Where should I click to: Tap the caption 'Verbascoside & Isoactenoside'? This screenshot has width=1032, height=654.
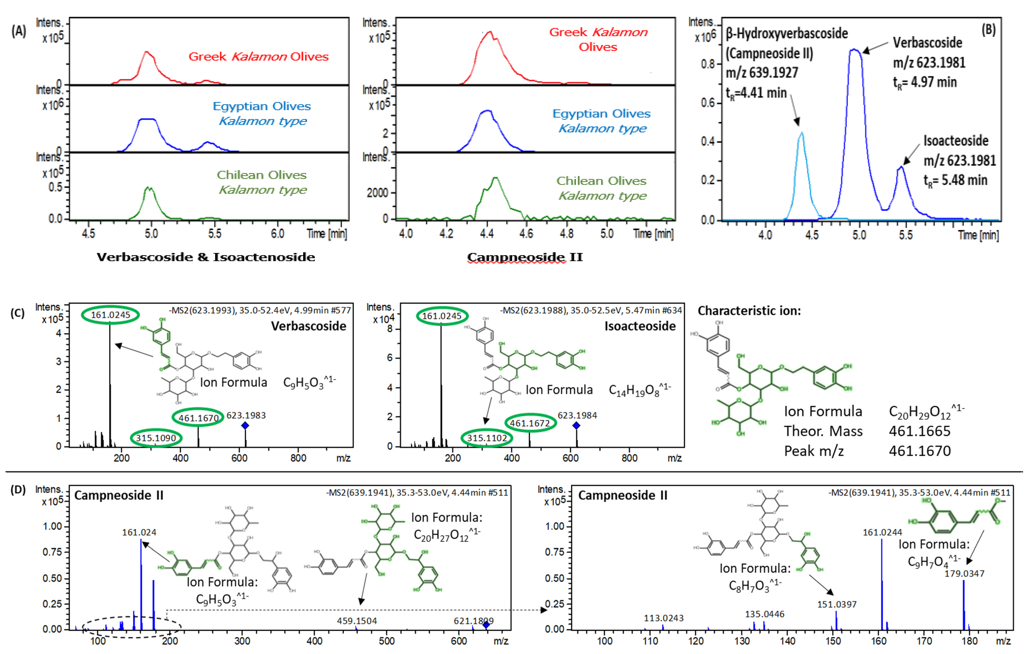(206, 257)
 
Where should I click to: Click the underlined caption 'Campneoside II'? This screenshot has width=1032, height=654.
(525, 257)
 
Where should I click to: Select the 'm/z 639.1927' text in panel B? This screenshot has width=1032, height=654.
(762, 73)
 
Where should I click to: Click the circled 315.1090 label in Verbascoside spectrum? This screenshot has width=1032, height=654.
(156, 438)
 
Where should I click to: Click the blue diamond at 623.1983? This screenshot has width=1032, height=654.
(245, 425)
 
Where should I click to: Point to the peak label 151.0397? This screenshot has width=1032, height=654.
(837, 604)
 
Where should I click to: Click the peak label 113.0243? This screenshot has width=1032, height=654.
(663, 618)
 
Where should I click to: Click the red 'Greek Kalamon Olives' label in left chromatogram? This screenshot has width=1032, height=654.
(259, 57)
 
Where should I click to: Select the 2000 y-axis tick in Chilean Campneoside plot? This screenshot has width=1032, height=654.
(377, 193)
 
